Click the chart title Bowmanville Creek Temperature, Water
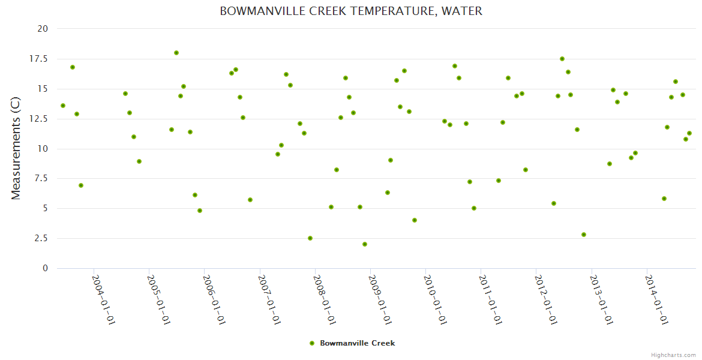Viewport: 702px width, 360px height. (x=351, y=11)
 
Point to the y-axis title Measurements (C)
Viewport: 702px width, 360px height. (x=16, y=148)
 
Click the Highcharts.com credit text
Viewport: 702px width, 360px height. (x=674, y=355)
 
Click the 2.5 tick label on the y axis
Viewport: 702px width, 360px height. (x=41, y=238)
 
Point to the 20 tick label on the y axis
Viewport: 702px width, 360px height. (x=42, y=29)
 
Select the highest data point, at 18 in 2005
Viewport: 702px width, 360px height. (x=176, y=53)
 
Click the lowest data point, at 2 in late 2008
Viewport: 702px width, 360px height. (x=365, y=244)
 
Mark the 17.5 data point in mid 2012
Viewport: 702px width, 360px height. (x=562, y=59)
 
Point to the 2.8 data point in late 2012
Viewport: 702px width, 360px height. (x=584, y=235)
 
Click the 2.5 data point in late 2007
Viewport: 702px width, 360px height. (x=310, y=238)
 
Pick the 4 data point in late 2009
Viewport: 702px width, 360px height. (x=415, y=220)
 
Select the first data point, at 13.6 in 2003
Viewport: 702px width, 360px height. (x=63, y=106)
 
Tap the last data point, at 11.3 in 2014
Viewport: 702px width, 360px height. (x=689, y=133)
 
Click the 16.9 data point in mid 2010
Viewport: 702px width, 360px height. (x=455, y=66)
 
